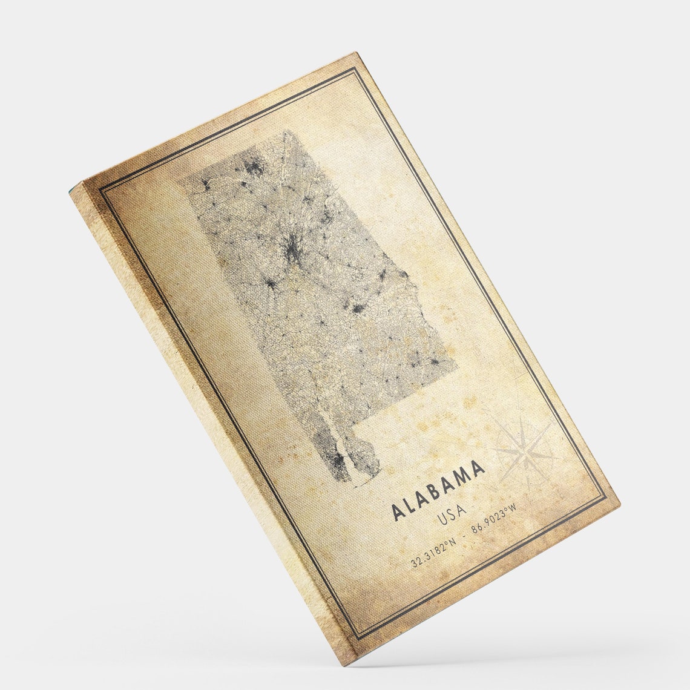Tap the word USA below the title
click(x=451, y=515)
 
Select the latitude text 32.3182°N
click(x=433, y=556)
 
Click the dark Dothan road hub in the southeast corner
click(x=433, y=361)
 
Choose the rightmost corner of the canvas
click(x=619, y=505)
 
